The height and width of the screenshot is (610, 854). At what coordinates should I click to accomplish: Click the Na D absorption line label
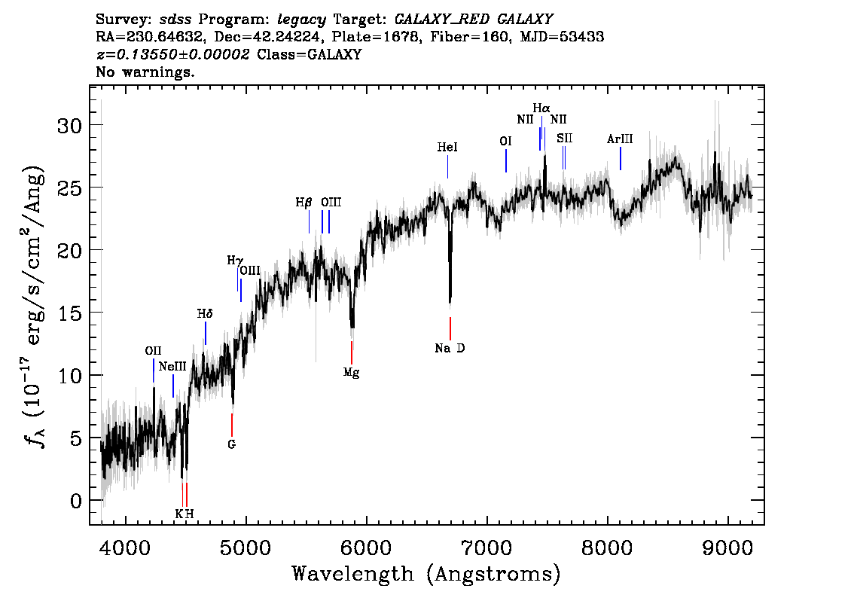450,348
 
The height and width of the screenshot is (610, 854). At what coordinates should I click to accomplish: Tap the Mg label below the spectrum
351,372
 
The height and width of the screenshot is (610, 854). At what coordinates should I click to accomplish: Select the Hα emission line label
541,108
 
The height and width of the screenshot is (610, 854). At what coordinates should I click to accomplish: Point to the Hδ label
205,313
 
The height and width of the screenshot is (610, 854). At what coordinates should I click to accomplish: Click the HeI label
447,148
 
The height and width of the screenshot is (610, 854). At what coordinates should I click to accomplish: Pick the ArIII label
620,139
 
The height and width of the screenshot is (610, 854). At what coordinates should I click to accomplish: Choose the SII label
564,139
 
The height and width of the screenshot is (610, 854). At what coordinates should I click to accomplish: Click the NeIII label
172,367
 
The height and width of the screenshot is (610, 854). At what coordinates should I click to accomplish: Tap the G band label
232,444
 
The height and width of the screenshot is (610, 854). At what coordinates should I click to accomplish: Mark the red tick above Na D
450,328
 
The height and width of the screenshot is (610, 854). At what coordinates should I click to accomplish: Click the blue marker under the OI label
506,160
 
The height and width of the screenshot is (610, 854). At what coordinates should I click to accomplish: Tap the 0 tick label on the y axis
75,501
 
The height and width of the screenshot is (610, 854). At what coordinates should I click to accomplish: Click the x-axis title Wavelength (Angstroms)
426,574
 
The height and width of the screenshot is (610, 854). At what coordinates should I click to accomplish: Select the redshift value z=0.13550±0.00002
173,55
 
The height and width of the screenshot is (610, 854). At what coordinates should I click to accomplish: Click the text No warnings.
145,72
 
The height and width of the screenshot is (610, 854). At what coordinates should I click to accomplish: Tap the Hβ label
303,203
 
